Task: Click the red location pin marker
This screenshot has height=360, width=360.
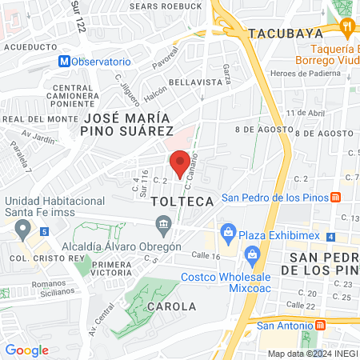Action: click(181, 162)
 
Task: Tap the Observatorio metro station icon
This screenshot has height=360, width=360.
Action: click(64, 62)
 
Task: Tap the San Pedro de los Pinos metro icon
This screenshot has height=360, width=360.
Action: click(337, 198)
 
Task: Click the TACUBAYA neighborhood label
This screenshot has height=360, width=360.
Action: click(286, 34)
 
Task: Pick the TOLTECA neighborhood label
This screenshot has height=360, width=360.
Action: click(183, 202)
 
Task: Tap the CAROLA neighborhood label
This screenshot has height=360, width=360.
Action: click(170, 306)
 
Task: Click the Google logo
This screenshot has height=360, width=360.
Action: click(26, 350)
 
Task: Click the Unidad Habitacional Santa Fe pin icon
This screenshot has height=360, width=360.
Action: click(23, 230)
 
